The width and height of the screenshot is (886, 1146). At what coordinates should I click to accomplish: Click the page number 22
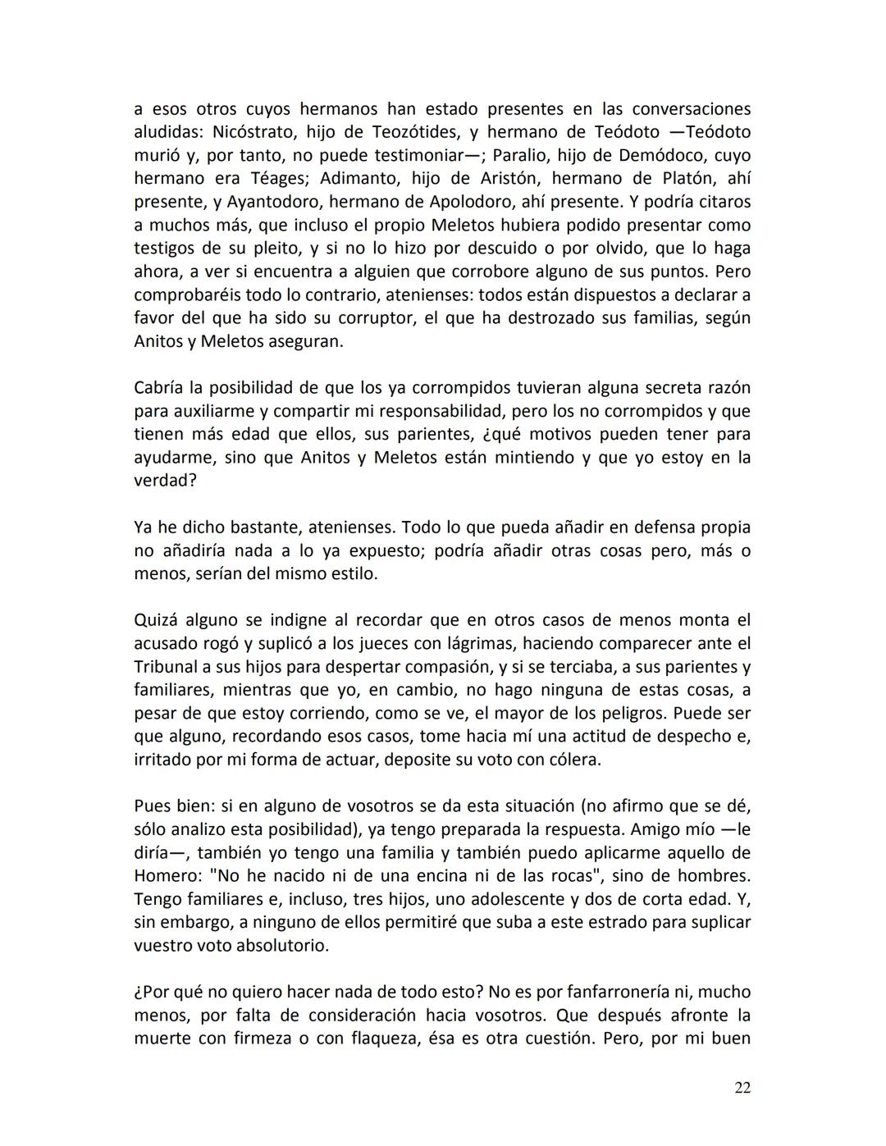tap(742, 1088)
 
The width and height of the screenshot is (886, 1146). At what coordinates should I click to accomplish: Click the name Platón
tap(687, 178)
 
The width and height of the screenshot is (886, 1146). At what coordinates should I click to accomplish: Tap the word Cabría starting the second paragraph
tap(160, 387)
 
